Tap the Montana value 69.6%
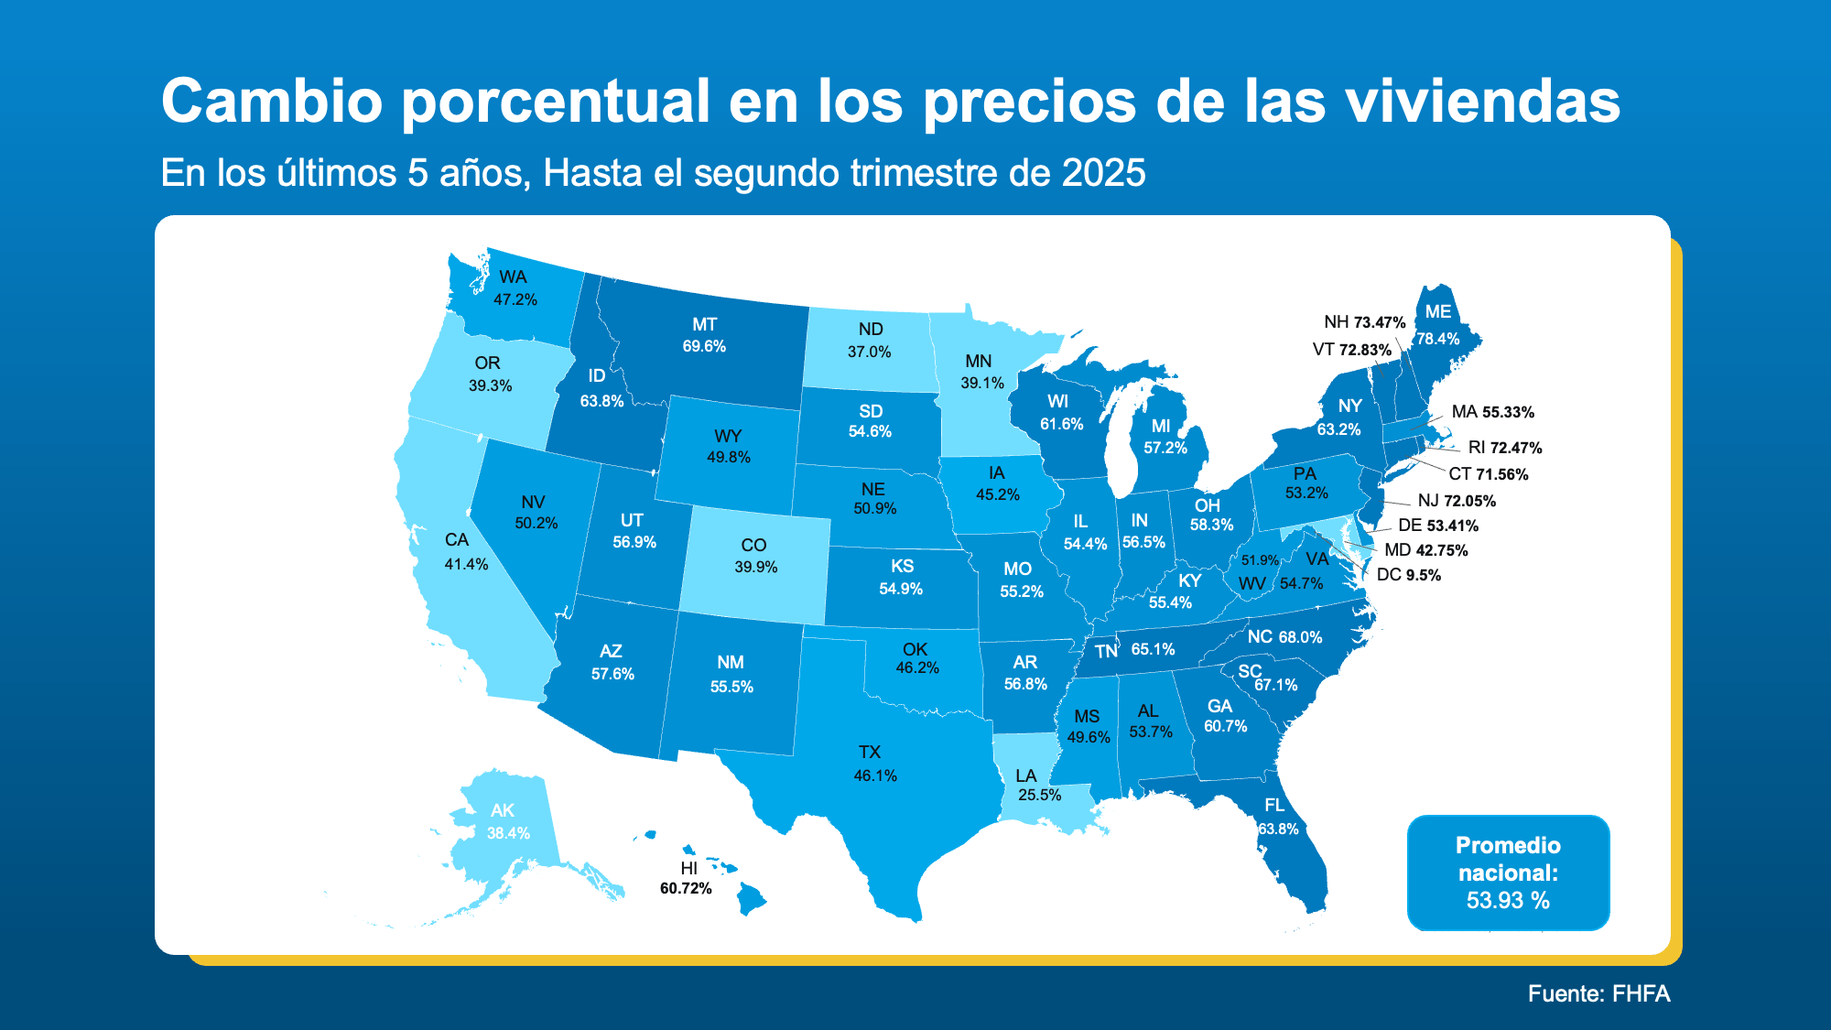pos(704,346)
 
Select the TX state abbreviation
pos(870,752)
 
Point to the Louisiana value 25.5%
pos(1039,795)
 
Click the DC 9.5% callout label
pos(1408,575)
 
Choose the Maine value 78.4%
pos(1438,339)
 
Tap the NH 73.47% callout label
pos(1364,322)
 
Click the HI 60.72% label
pos(686,878)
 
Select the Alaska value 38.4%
pos(508,833)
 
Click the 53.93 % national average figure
pos(1508,900)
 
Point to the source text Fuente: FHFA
pos(1598,993)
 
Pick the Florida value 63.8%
pos(1277,829)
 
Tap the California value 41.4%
pos(466,564)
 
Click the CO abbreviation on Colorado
pos(753,545)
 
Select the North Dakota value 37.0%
pos(869,352)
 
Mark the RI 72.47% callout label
pos(1504,448)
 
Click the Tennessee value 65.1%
pos(1153,649)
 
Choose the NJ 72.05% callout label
pos(1456,501)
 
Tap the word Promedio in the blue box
pos(1508,845)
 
